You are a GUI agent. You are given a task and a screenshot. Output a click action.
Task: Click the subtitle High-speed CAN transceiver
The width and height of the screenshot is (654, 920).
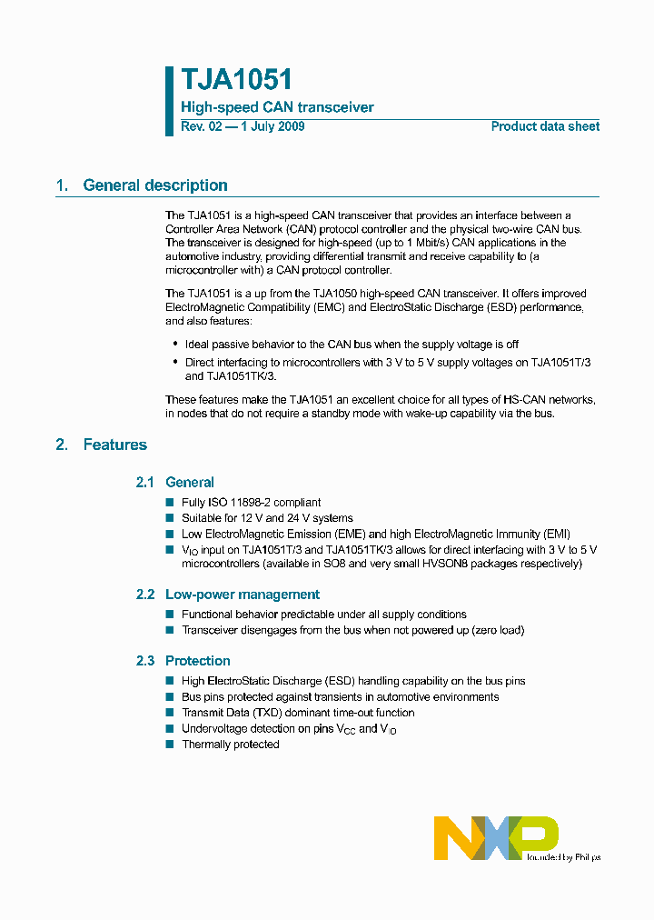tap(277, 107)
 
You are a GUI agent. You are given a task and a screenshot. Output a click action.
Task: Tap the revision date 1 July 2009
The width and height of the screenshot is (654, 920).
tap(271, 126)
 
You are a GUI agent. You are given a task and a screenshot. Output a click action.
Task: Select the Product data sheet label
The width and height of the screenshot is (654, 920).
tap(545, 126)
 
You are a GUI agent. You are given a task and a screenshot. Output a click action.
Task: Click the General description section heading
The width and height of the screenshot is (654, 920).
tap(154, 185)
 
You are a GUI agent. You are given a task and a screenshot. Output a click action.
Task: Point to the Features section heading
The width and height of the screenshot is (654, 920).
tap(114, 445)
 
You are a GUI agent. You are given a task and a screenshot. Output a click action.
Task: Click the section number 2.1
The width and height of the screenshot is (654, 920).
tap(145, 483)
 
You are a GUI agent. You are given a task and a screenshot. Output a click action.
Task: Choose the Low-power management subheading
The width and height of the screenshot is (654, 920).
tap(242, 595)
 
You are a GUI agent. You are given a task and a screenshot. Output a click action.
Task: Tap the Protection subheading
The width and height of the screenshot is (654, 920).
tap(197, 661)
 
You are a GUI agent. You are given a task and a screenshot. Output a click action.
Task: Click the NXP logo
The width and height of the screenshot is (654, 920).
tap(495, 837)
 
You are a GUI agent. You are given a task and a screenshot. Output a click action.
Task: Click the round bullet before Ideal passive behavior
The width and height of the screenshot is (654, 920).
tap(175, 345)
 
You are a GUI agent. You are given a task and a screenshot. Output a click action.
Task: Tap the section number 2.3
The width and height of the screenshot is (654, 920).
tap(145, 661)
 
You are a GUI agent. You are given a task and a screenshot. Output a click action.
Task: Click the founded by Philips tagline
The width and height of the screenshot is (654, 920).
tap(563, 856)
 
